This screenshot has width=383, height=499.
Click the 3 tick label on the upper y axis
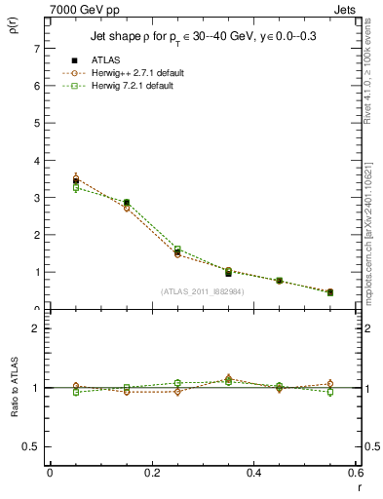(x=37, y=198)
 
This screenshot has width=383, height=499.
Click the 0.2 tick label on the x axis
(x=151, y=473)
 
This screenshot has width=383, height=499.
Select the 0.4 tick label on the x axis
(x=253, y=473)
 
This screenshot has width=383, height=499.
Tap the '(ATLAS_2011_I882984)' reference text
(x=202, y=291)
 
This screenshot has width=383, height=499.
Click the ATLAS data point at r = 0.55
(x=329, y=292)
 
